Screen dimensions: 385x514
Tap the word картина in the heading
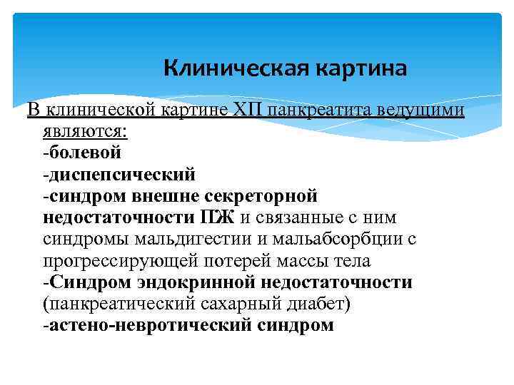[361, 68]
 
